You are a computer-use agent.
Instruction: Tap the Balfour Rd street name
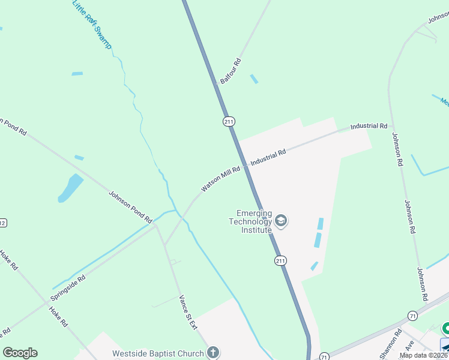pos(231,71)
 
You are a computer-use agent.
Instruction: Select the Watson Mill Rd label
pos(220,179)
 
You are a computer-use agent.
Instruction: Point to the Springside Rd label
pos(68,287)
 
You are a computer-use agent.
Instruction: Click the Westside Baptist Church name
pos(158,353)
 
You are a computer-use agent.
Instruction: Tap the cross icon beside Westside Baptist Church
pos(212,353)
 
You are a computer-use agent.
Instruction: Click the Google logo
pos(20,353)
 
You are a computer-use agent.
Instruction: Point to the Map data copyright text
pos(424,355)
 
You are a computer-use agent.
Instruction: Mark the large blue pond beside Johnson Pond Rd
pos(70,188)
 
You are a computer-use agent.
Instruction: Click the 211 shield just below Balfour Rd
pos(229,122)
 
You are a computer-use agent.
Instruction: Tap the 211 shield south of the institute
pos(281,260)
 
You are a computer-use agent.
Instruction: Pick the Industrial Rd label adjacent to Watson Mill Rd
pos(268,158)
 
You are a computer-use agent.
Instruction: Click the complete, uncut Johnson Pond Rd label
pos(131,207)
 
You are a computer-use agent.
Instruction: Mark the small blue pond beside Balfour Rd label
pos(254,79)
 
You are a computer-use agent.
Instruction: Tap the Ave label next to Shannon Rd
pos(410,347)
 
